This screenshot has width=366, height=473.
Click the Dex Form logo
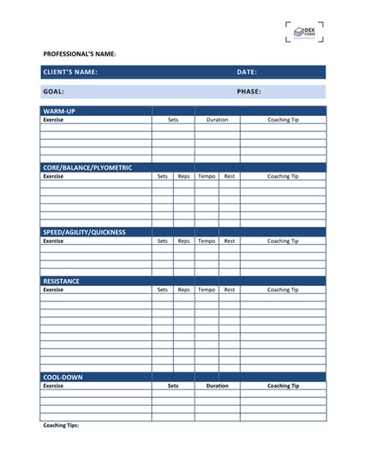[304, 32]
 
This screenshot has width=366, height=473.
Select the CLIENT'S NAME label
[70, 72]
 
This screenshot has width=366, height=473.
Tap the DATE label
[246, 72]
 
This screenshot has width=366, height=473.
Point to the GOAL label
[53, 91]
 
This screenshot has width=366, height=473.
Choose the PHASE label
[249, 91]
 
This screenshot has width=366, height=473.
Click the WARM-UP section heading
[59, 111]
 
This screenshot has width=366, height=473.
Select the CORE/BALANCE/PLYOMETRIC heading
[87, 168]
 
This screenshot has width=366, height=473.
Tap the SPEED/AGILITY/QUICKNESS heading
[84, 232]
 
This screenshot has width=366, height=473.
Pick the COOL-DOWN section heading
[63, 377]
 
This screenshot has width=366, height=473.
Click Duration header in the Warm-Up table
[217, 120]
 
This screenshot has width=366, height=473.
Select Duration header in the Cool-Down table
[217, 386]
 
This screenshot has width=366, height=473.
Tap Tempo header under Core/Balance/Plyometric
[206, 176]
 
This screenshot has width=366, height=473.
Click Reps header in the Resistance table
[184, 290]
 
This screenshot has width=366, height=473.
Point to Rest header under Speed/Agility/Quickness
[229, 240]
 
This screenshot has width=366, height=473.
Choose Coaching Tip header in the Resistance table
[283, 290]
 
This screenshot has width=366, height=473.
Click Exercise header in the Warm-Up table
[53, 120]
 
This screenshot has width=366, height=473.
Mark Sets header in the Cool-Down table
[173, 386]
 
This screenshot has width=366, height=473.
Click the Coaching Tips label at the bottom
[61, 425]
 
